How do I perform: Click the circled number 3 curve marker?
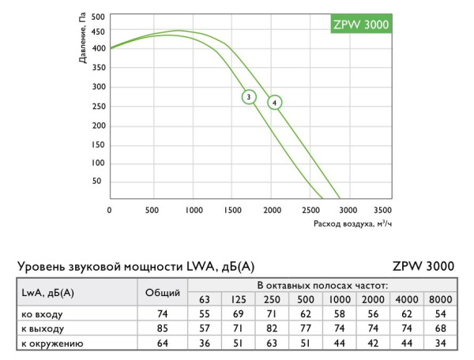click(249, 97)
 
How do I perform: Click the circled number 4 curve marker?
click(274, 102)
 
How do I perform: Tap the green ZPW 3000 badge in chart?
click(359, 24)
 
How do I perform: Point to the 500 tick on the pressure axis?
click(98, 16)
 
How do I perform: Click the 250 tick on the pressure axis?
click(98, 107)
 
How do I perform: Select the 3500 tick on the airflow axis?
click(382, 211)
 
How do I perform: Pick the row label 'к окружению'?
click(51, 343)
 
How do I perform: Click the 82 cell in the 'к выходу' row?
click(271, 328)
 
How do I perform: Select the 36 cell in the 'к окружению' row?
click(205, 343)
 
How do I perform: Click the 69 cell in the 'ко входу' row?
click(238, 313)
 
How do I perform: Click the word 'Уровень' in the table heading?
click(45, 266)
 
